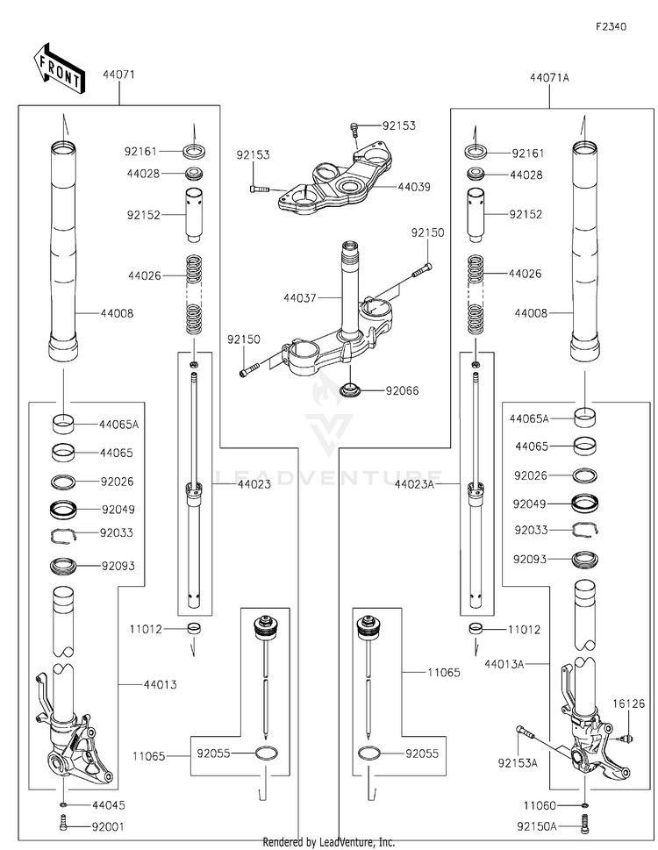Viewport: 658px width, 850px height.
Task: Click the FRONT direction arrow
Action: [x=60, y=68]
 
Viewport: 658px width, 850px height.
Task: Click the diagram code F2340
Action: [x=611, y=26]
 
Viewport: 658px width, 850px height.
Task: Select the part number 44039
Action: [x=414, y=187]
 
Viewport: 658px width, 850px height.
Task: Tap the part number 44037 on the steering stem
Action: [x=300, y=297]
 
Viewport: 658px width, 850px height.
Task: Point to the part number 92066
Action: [x=402, y=391]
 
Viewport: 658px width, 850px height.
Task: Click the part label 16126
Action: [x=629, y=704]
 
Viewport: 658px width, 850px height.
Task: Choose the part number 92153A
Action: [x=518, y=763]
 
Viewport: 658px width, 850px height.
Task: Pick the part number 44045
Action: [x=109, y=805]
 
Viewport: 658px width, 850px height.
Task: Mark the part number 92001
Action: [x=108, y=827]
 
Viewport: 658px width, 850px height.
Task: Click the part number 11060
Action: [x=540, y=806]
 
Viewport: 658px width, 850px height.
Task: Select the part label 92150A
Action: [x=537, y=826]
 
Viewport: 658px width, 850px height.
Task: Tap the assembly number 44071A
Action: [x=549, y=78]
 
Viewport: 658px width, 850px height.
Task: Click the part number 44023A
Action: [x=414, y=484]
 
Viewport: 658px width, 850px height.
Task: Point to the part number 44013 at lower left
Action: [x=161, y=685]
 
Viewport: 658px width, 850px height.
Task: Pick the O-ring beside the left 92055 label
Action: [x=268, y=754]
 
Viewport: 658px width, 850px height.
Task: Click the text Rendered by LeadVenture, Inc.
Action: [x=328, y=842]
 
